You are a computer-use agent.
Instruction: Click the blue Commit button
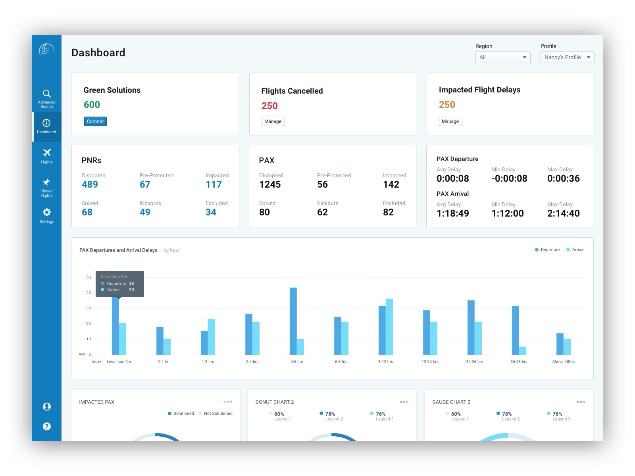tap(95, 121)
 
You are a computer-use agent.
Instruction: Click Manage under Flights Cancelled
tap(273, 121)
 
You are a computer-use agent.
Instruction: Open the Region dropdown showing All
tap(502, 57)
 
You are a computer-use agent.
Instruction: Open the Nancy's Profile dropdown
tap(567, 57)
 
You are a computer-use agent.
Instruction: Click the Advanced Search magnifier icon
tap(46, 94)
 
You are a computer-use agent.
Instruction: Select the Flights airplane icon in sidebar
tap(46, 153)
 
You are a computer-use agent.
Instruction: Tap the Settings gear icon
tap(46, 212)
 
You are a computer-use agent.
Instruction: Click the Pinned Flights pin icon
tap(46, 182)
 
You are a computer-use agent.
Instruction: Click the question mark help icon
tap(46, 426)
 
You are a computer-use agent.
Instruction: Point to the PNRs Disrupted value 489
tap(90, 184)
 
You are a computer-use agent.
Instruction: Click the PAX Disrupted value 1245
tap(270, 184)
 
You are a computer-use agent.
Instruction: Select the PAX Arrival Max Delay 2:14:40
tap(563, 213)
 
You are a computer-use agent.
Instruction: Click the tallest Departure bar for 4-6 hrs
tap(293, 321)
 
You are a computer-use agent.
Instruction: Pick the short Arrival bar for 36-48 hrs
tap(523, 351)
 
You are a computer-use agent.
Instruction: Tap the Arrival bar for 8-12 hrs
tap(389, 327)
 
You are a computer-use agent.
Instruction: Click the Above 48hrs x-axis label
tap(563, 362)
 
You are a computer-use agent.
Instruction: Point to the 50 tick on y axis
tap(89, 277)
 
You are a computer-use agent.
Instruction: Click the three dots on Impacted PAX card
tap(228, 402)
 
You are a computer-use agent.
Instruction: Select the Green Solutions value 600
tap(92, 105)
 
